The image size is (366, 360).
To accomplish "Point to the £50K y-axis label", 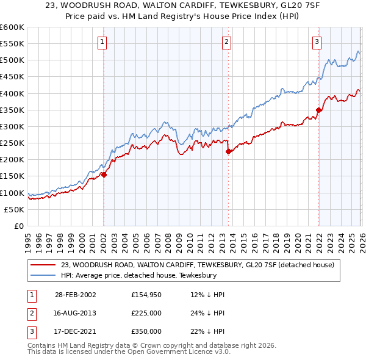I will tap(14, 209).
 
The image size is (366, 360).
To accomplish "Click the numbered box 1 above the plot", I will tap(102, 42).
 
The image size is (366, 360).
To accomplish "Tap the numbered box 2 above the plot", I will tap(226, 42).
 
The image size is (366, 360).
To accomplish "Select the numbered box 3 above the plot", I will tap(317, 42).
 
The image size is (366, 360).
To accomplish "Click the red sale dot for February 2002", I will tap(104, 175).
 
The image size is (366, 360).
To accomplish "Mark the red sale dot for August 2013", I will tap(228, 151).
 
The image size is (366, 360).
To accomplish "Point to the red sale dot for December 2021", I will tap(318, 110).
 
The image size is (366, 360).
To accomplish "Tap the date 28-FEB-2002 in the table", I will tap(76, 295).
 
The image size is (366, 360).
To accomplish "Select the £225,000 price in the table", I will tap(146, 313).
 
